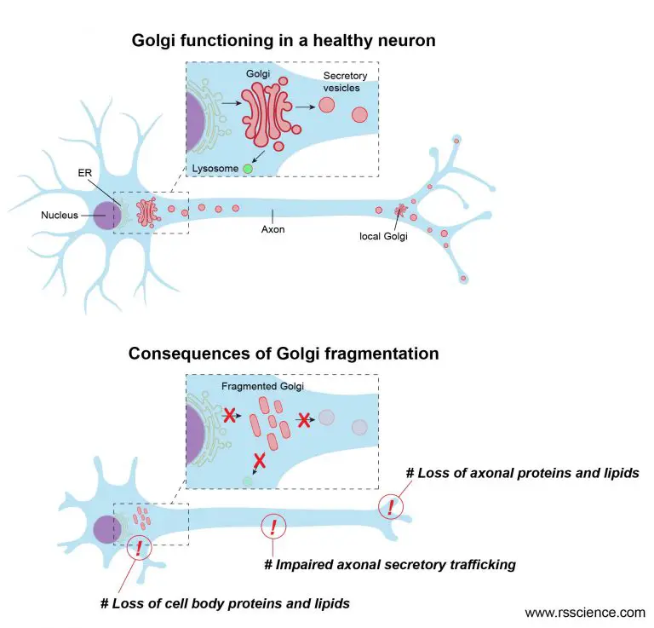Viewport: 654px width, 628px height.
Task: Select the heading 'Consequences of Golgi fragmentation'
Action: pos(284,353)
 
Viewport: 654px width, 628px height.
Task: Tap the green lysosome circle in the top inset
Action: pos(248,169)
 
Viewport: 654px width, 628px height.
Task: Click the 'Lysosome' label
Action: pos(215,169)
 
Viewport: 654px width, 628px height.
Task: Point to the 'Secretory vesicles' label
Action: pos(345,82)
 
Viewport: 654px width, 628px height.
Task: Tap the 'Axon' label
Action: pos(272,228)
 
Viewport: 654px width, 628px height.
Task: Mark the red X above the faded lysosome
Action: pos(259,460)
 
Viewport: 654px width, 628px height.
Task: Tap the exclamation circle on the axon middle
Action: pos(272,527)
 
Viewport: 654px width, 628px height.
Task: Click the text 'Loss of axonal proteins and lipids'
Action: pos(523,473)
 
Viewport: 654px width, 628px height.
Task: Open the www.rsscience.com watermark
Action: pos(584,612)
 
